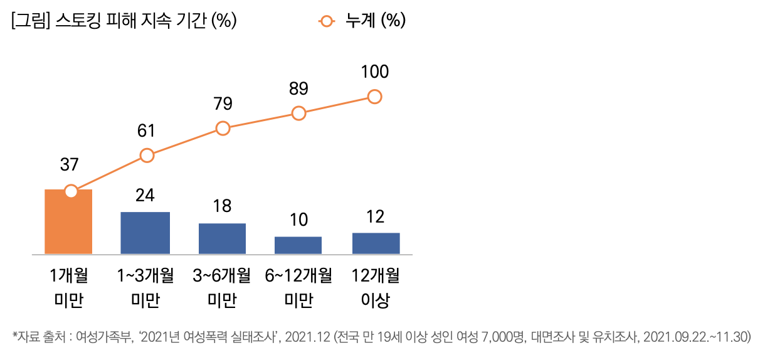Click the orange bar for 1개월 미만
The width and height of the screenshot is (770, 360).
68,222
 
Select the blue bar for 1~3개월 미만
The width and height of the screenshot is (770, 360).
145,233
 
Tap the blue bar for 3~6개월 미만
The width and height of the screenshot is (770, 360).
222,238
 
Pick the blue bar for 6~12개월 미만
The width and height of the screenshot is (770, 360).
298,245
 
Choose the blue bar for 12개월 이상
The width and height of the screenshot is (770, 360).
376,243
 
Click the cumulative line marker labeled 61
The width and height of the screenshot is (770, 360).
147,155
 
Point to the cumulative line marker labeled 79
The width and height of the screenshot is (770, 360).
223,128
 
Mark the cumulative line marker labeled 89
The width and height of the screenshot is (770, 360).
299,113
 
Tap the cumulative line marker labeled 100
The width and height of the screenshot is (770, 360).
375,96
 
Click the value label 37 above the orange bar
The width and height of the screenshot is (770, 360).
69,165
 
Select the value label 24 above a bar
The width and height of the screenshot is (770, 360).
145,195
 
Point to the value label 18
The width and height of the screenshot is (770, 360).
222,206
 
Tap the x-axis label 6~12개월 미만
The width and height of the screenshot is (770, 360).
299,288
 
